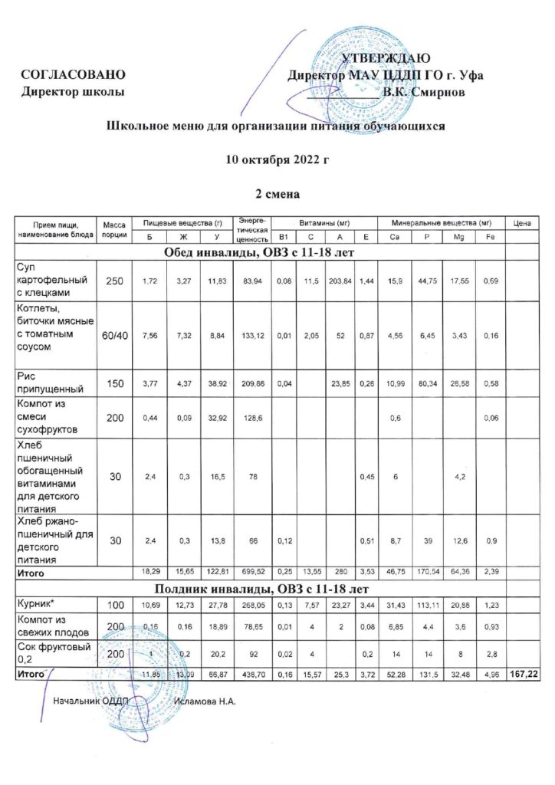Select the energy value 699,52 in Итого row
coord(252,572)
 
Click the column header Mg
coord(458,237)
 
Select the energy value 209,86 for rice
coord(252,383)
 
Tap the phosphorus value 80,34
coord(424,383)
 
